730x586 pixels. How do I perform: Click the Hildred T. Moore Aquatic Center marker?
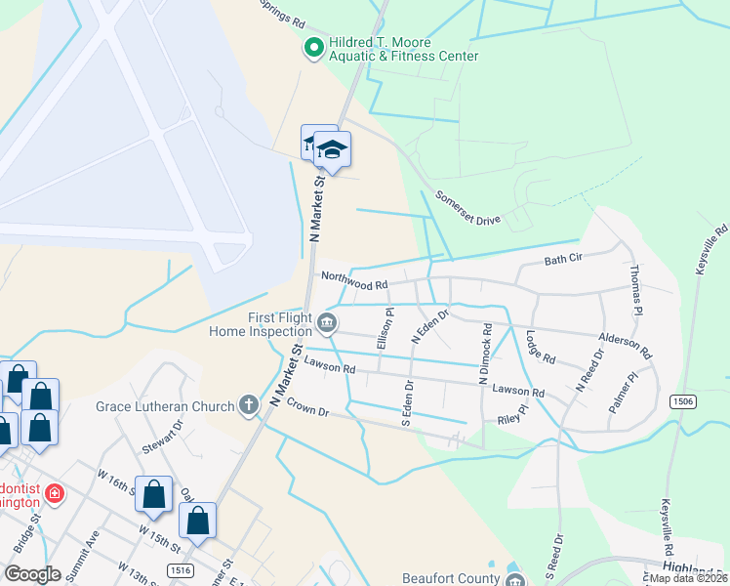tap(313, 46)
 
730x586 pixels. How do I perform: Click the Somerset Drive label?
tap(467, 208)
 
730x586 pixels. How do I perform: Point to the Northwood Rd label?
tap(354, 284)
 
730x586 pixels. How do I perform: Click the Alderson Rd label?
tap(625, 340)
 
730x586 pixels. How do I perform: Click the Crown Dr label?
tap(305, 413)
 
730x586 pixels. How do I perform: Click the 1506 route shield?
tap(681, 401)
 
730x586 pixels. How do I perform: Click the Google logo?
tap(32, 573)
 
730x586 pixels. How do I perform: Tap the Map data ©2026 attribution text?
tap(687, 578)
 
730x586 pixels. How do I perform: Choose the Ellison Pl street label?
tap(387, 329)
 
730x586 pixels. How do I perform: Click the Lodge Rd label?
tap(539, 346)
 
